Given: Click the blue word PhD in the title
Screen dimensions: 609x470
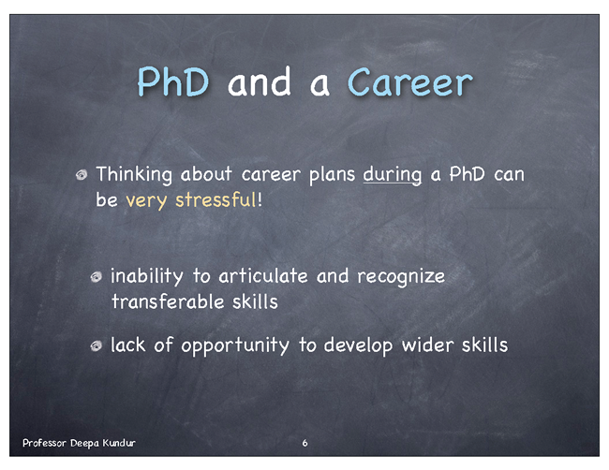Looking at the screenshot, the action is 173,81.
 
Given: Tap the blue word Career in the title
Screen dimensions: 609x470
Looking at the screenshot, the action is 410,81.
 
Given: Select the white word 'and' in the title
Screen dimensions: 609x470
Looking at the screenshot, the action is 259,81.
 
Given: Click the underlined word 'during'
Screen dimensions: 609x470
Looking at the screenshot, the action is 393,175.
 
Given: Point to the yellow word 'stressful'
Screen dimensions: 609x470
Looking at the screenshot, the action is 215,199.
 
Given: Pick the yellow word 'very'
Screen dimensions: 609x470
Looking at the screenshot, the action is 146,201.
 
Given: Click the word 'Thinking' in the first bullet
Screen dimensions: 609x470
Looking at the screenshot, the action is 134,174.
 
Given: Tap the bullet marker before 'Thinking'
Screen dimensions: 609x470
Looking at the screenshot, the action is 82,175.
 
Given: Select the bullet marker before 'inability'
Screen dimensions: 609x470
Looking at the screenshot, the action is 97,277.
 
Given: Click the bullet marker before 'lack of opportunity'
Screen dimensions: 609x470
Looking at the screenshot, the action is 97,345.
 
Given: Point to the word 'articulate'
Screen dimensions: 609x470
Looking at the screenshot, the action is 263,276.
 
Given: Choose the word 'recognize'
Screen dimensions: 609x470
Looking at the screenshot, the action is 401,277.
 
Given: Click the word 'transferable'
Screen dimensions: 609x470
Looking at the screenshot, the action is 168,301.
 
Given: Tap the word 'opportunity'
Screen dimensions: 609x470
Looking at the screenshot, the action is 235,345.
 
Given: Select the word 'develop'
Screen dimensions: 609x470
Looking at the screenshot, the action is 358,345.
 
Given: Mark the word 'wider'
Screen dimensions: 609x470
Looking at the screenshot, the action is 427,345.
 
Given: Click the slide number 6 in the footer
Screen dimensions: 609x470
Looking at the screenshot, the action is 304,443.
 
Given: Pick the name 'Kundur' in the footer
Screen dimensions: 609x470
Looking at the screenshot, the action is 119,443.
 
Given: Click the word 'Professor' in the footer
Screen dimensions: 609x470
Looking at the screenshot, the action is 44,443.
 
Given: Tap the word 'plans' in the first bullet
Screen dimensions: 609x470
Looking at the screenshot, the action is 332,175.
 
